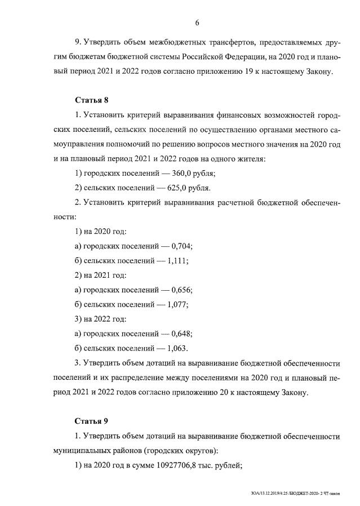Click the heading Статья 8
coord(91,100)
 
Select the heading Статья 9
coord(91,421)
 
